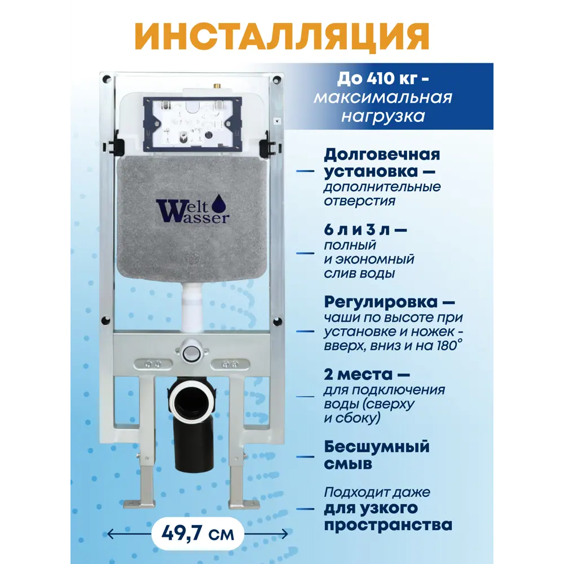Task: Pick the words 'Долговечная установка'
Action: click(381, 162)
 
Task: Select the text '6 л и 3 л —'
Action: click(365, 230)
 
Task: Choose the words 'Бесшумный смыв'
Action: click(376, 455)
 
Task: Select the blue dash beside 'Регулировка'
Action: click(306, 332)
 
